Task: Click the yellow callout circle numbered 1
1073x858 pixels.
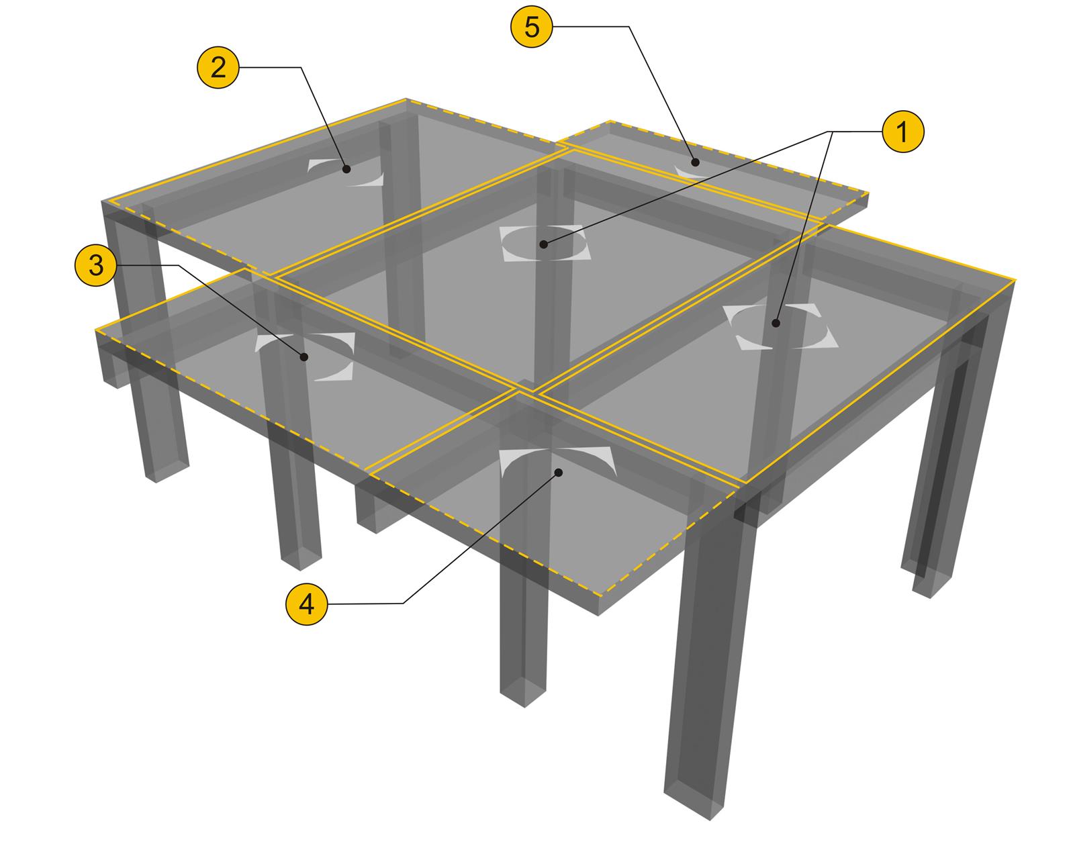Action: click(903, 132)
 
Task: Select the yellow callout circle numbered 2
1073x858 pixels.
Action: click(218, 67)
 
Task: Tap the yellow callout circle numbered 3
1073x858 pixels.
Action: click(96, 265)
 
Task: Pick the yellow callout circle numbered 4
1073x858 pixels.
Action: click(307, 604)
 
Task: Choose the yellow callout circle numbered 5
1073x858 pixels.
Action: click(532, 26)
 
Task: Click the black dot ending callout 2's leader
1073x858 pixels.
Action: click(346, 169)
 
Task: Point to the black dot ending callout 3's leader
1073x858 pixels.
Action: click(304, 357)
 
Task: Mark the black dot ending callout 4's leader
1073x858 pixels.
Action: click(559, 472)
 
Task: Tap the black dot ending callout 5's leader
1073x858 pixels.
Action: click(696, 162)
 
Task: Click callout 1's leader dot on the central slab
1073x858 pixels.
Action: click(543, 244)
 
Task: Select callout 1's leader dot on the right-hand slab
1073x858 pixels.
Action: click(776, 323)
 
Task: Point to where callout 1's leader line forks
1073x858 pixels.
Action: click(830, 132)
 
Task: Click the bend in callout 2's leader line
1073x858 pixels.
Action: click(301, 67)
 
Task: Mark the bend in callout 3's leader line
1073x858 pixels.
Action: click(179, 265)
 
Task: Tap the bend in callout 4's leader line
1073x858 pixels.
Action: click(403, 604)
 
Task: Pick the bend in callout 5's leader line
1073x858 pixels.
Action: click(628, 26)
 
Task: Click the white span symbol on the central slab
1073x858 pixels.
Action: click(545, 243)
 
